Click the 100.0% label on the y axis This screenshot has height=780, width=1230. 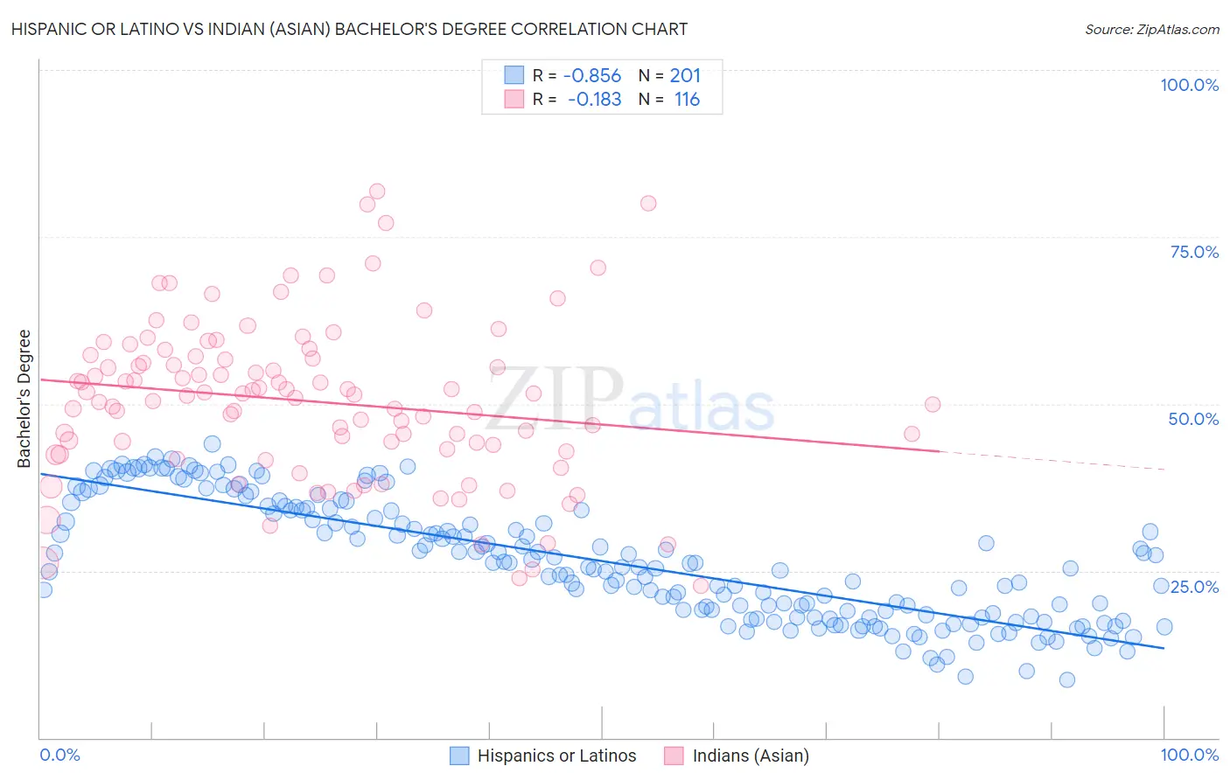[x=1189, y=85]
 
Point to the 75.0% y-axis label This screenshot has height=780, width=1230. [x=1194, y=252]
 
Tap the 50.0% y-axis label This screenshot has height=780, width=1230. [x=1193, y=419]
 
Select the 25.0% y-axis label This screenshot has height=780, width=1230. [x=1195, y=587]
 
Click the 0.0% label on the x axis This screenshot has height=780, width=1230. [x=60, y=755]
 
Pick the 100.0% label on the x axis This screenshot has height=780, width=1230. [x=1189, y=755]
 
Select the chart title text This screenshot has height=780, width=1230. [x=349, y=29]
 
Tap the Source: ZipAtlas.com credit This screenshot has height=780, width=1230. [x=1151, y=29]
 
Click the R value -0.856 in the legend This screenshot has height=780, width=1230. [x=591, y=76]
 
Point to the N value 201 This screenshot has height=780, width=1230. [x=685, y=76]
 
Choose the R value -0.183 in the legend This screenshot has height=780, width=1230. [x=594, y=100]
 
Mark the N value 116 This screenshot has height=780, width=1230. [x=687, y=100]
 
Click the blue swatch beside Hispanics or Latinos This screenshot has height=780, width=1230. [x=460, y=756]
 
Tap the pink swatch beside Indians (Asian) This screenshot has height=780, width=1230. [x=674, y=756]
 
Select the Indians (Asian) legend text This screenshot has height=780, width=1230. [x=751, y=756]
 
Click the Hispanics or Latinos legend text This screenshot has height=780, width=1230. [x=556, y=756]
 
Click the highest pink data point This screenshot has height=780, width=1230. [x=377, y=192]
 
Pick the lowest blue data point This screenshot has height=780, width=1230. [x=1066, y=679]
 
